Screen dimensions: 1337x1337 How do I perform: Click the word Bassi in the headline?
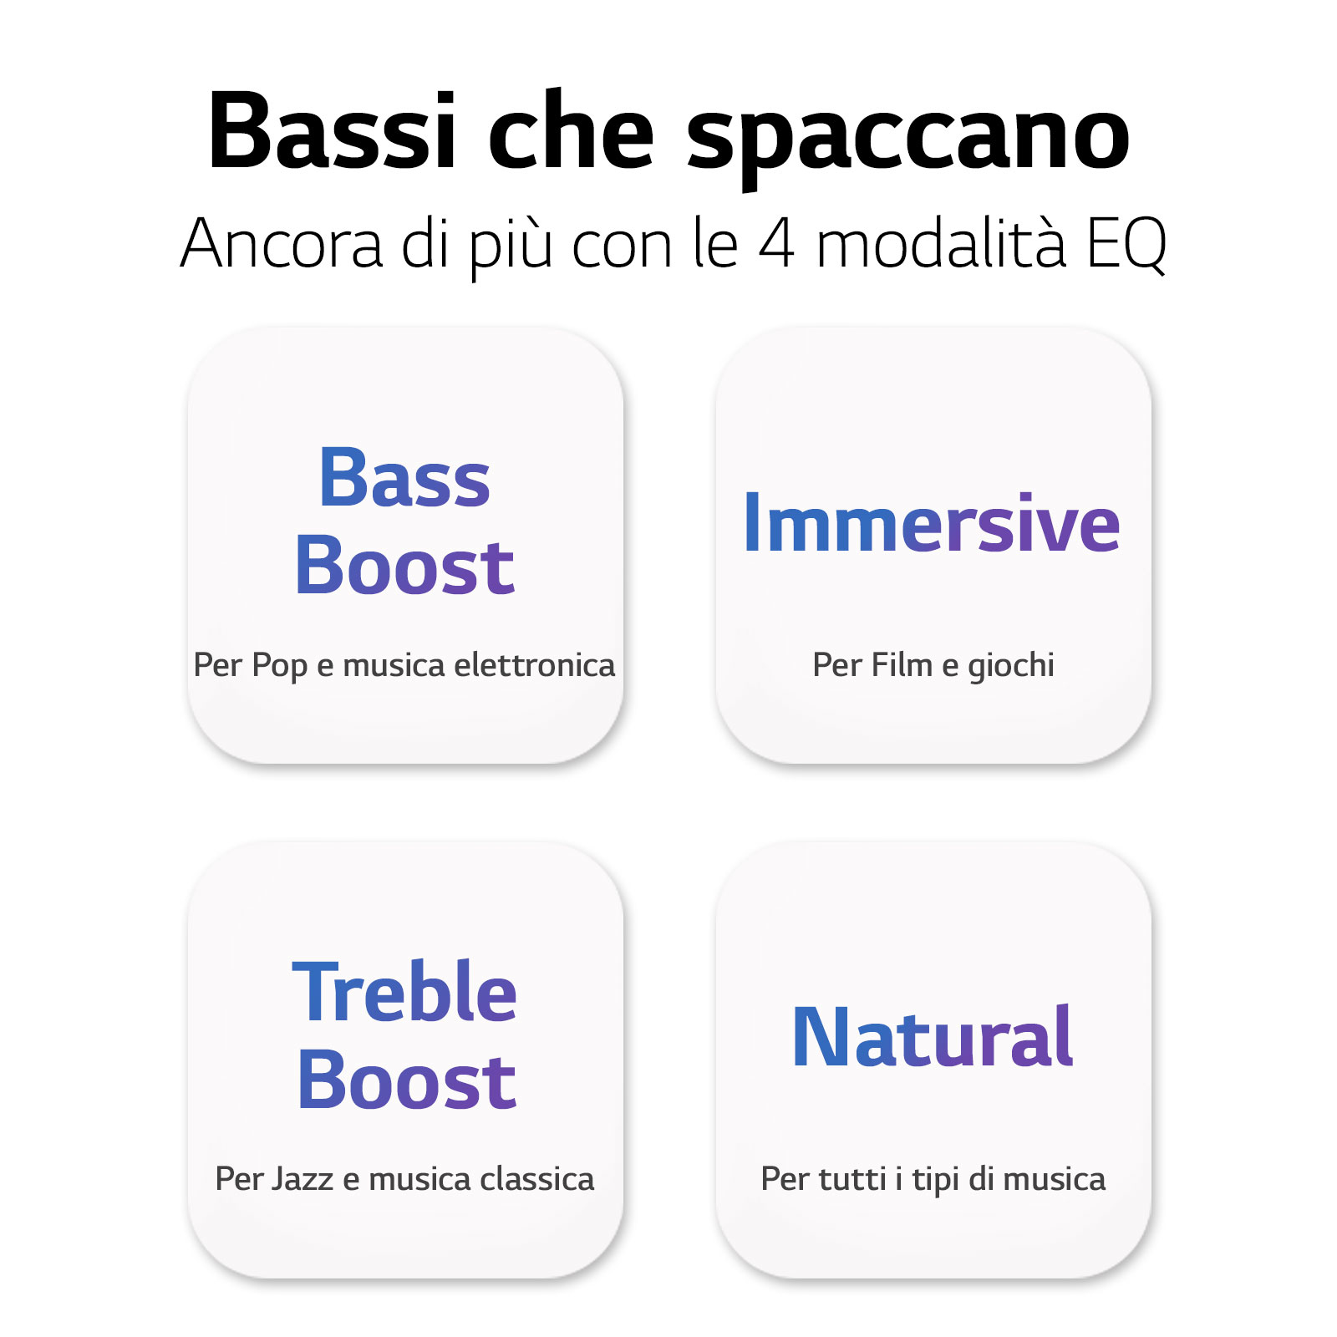[x=333, y=131]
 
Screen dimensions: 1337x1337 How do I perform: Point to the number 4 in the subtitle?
[x=776, y=244]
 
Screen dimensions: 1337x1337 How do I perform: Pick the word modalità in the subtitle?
[x=941, y=242]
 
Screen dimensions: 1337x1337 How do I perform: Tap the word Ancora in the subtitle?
[x=282, y=243]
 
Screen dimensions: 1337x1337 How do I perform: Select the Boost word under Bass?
[x=404, y=566]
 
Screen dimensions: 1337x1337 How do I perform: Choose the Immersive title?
[x=932, y=523]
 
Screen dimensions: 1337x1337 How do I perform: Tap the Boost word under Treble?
[x=407, y=1080]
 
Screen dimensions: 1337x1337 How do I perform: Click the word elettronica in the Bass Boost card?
[x=534, y=665]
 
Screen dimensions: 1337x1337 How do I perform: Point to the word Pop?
[x=280, y=666]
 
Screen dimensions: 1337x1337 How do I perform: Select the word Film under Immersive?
[x=902, y=665]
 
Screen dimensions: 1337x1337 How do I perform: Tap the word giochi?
[x=1011, y=666]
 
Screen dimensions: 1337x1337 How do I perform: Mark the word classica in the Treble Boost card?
[x=537, y=1179]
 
